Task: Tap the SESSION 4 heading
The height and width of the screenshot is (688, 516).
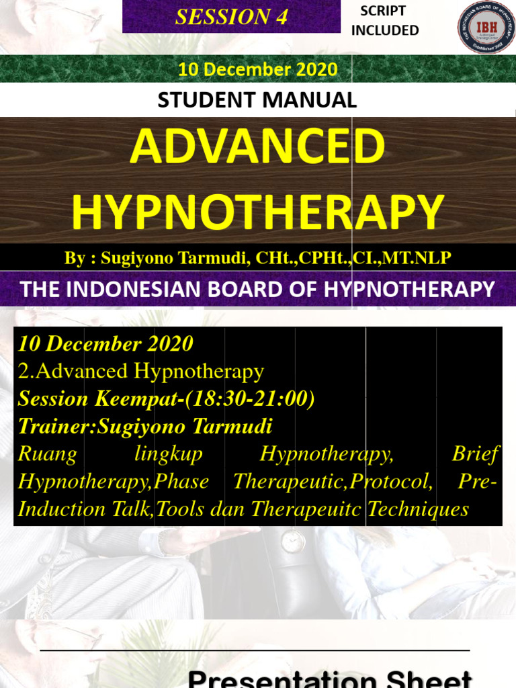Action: (x=231, y=17)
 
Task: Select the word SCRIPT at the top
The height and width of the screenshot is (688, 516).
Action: (x=384, y=11)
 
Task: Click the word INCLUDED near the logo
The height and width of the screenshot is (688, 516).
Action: (x=385, y=30)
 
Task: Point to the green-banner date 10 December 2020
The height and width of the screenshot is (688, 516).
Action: (x=257, y=69)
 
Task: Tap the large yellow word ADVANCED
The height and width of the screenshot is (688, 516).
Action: (x=258, y=148)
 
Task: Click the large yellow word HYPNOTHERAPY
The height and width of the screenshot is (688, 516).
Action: (x=258, y=212)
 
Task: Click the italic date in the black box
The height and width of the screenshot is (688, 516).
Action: (x=105, y=344)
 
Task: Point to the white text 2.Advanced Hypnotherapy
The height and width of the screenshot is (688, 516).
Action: (x=141, y=372)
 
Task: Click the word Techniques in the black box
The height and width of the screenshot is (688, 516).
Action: (x=418, y=509)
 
